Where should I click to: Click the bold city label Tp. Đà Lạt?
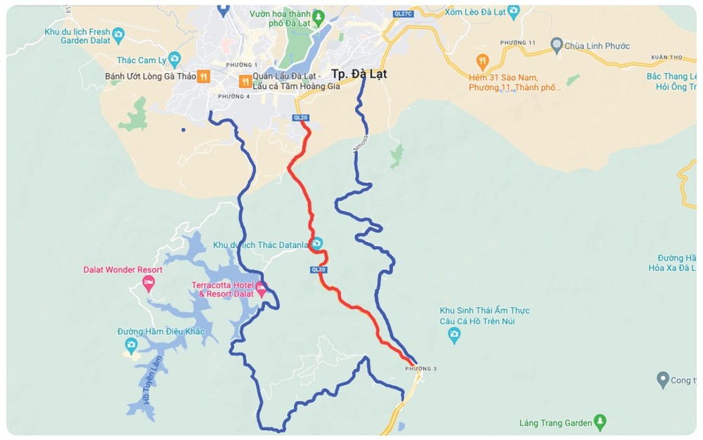click(x=359, y=74)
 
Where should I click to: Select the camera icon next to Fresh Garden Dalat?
click(x=118, y=33)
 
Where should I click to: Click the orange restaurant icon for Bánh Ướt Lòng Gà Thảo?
click(x=203, y=76)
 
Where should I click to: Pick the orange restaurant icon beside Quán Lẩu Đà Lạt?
click(x=245, y=81)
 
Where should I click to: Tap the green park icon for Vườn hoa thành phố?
click(x=318, y=15)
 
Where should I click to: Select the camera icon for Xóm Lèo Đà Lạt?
click(x=514, y=11)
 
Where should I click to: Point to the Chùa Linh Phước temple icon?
click(x=557, y=46)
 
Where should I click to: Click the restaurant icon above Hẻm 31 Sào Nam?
click(x=482, y=60)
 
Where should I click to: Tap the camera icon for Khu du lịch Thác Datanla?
click(x=317, y=244)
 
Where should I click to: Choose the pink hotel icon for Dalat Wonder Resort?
click(x=148, y=283)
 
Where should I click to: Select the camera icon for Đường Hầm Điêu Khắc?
click(x=131, y=344)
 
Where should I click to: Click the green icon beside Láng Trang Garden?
click(x=600, y=422)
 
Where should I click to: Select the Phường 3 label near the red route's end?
click(x=420, y=368)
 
